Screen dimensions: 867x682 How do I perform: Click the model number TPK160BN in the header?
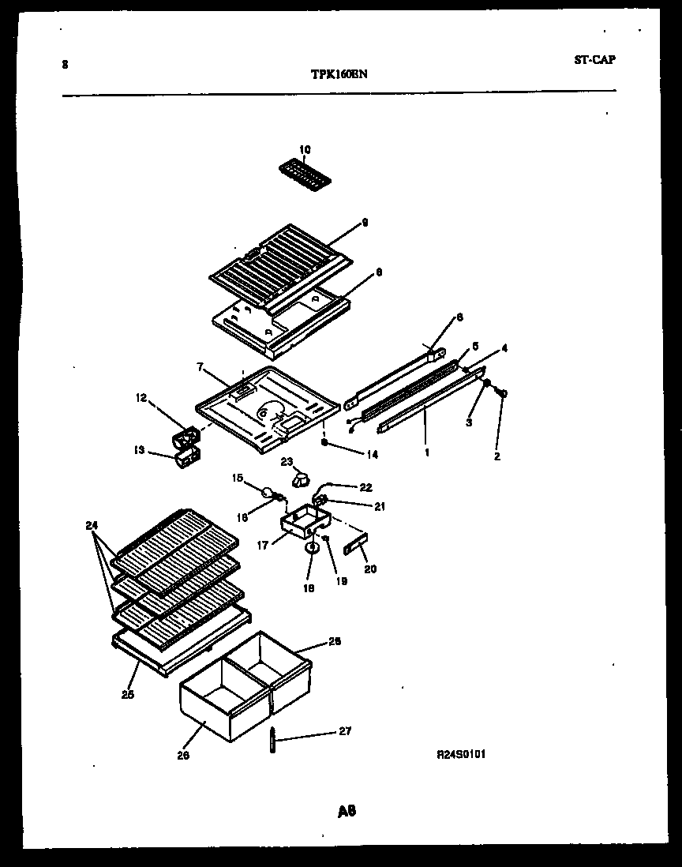pyautogui.click(x=339, y=74)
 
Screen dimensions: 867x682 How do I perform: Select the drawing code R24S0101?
pyautogui.click(x=461, y=754)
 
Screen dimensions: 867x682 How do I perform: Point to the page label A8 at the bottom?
pyautogui.click(x=346, y=811)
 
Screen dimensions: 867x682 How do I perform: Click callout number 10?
pyautogui.click(x=305, y=149)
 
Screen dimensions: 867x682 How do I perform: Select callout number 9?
pyautogui.click(x=365, y=223)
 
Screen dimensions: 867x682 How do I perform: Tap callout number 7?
pyautogui.click(x=200, y=368)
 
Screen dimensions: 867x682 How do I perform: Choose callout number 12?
pyautogui.click(x=142, y=398)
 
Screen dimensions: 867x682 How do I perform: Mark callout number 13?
pyautogui.click(x=139, y=450)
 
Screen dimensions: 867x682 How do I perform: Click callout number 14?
pyautogui.click(x=350, y=455)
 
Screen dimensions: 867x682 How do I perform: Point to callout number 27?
pyautogui.click(x=344, y=731)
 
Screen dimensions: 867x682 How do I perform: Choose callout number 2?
pyautogui.click(x=497, y=456)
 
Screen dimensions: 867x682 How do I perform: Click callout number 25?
pyautogui.click(x=128, y=695)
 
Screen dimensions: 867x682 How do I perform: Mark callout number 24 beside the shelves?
pyautogui.click(x=92, y=525)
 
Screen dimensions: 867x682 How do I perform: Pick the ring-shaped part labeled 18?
pyautogui.click(x=312, y=547)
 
